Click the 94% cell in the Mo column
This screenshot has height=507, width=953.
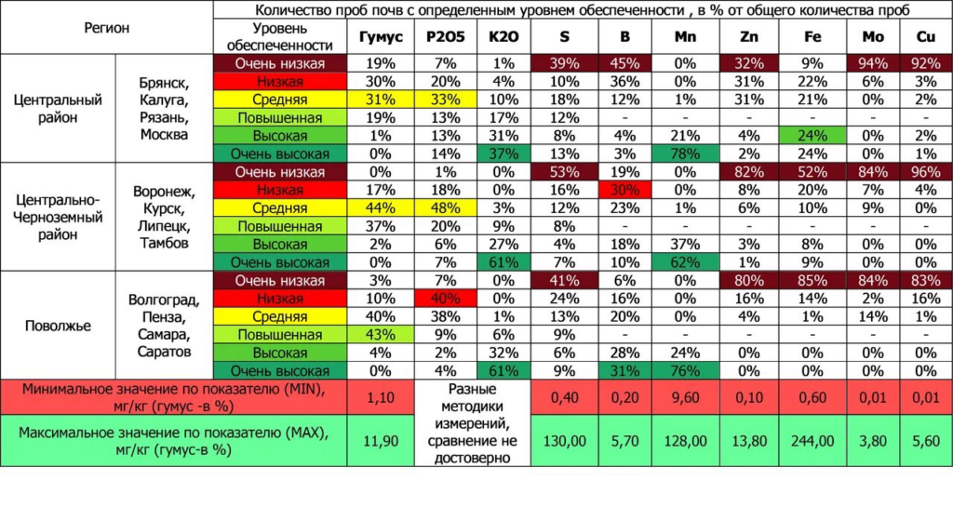(874, 64)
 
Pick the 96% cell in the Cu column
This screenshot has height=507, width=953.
(925, 172)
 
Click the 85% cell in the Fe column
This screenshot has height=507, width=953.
(812, 281)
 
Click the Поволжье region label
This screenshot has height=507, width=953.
(58, 326)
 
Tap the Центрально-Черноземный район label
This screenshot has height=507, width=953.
(58, 217)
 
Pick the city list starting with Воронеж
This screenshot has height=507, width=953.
(164, 218)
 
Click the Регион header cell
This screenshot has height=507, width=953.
(107, 28)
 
